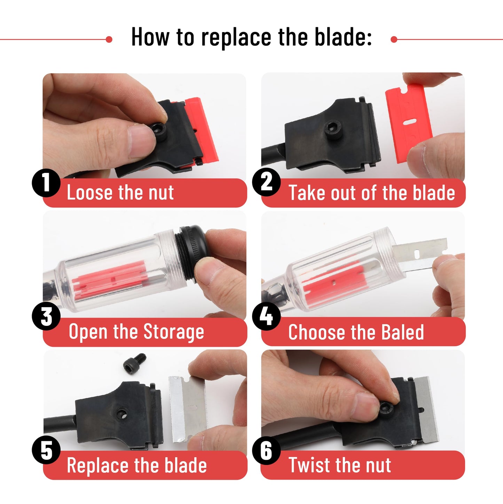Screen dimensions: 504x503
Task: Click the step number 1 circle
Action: pos(46,183)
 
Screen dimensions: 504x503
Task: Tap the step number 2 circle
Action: pos(266,182)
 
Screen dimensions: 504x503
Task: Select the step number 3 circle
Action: pos(46,317)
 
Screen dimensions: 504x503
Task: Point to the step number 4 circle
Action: pos(266,316)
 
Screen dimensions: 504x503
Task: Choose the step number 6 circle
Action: pos(266,450)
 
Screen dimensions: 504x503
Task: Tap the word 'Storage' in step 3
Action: pos(174,332)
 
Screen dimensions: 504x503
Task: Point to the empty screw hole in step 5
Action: pos(121,414)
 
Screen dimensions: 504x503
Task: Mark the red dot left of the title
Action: pos(109,39)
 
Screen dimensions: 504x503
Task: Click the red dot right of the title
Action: pos(394,39)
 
